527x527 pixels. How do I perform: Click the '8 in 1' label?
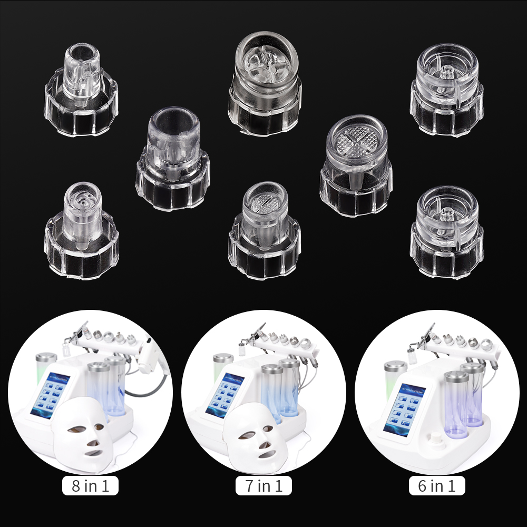(x=90, y=485)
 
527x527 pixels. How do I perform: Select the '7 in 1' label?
(x=263, y=485)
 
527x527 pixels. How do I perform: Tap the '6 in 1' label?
(x=437, y=485)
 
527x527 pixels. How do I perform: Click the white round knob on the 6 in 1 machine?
(x=435, y=438)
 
